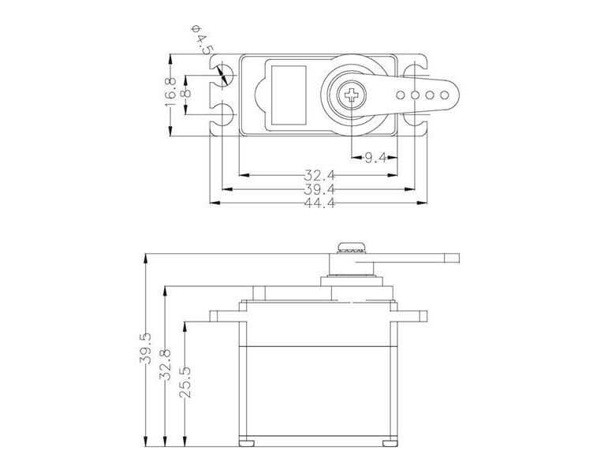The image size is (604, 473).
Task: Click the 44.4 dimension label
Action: [319, 203]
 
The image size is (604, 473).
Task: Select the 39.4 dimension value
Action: [319, 189]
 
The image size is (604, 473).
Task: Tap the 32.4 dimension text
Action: [319, 174]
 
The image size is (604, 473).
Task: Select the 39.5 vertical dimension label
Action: [146, 348]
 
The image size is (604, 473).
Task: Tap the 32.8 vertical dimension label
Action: [165, 365]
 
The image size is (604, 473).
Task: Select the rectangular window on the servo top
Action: [287, 95]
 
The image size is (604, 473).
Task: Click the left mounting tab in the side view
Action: [225, 316]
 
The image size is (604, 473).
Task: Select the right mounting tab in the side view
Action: [412, 316]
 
